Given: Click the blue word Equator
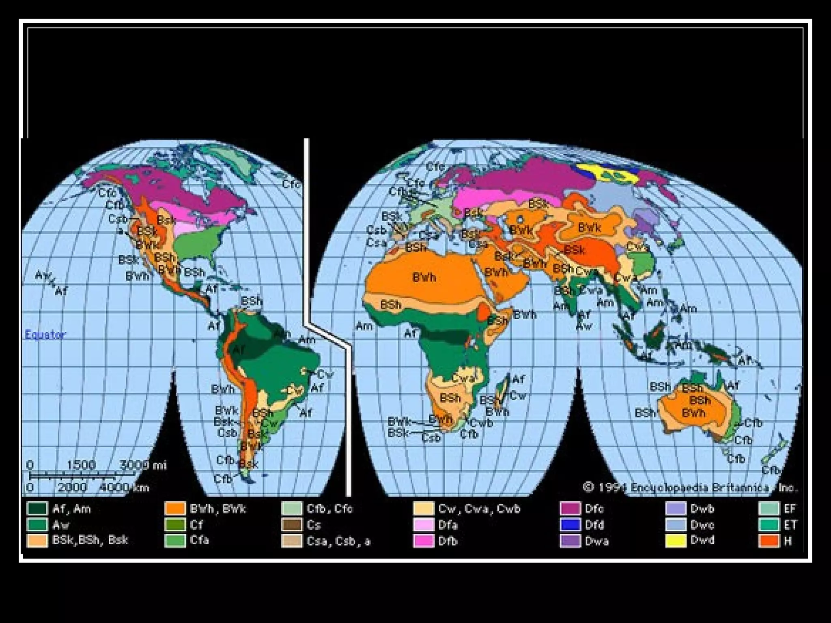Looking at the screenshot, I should (x=45, y=335).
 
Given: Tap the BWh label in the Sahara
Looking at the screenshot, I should (x=424, y=277).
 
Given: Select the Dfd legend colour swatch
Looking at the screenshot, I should (x=570, y=525).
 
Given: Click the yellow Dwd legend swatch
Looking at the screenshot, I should (x=676, y=541).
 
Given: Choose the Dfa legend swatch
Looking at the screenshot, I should (x=424, y=525).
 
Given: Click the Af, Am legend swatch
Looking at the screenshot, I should (x=37, y=509).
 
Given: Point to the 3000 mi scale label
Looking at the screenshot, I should (x=143, y=465).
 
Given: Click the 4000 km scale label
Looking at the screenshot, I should (x=124, y=488).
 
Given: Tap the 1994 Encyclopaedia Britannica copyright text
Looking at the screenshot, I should (x=690, y=488).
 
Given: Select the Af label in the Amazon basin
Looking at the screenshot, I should (x=238, y=350).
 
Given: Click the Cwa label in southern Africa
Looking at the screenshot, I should (x=463, y=378).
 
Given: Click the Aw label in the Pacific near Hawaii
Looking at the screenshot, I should (x=42, y=275).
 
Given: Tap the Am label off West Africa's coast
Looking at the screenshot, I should (x=364, y=326).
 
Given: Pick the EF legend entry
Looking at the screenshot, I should (x=789, y=509).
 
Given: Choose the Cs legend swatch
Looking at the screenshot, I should (x=292, y=525).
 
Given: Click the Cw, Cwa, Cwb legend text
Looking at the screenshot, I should (x=479, y=509).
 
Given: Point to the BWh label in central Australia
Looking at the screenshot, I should (x=693, y=414).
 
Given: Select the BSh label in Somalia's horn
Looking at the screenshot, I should (x=497, y=320).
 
